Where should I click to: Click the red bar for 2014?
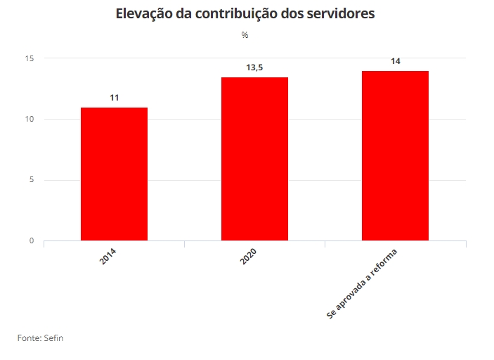pos(114,174)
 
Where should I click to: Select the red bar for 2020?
pos(254,159)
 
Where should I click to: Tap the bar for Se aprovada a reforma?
pos(395,155)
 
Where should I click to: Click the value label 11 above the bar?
pos(114,98)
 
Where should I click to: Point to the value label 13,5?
pos(254,67)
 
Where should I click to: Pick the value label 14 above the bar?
pos(395,61)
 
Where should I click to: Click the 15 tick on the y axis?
pos(29,58)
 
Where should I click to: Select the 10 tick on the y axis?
pos(29,119)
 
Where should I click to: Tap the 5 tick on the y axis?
pos(31,180)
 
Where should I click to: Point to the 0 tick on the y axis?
pos(31,241)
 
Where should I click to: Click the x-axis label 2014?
pos(108,256)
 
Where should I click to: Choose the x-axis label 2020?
pos(248,256)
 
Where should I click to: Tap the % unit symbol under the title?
pos(245,35)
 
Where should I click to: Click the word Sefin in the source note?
pos(53,338)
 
